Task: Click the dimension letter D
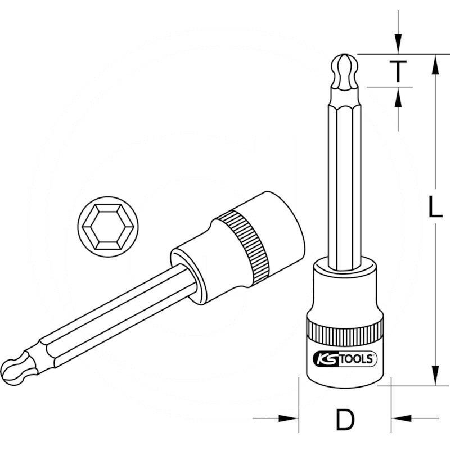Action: (344, 418)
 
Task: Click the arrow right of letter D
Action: (400, 418)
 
